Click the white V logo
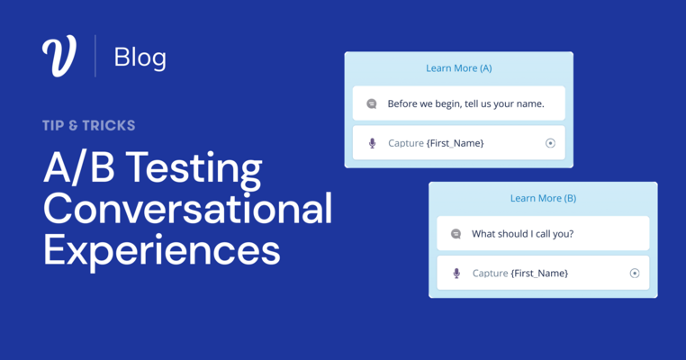(x=59, y=57)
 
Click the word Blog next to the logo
(x=140, y=58)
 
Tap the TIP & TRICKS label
(x=88, y=126)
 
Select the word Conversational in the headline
(x=187, y=209)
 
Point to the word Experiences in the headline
(x=161, y=249)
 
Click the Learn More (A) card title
(x=458, y=68)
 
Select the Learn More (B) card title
(x=543, y=199)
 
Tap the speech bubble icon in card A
(x=372, y=103)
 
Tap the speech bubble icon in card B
(x=456, y=234)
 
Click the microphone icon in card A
(x=372, y=143)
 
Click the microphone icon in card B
(x=456, y=274)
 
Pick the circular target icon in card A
(x=550, y=143)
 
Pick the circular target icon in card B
(x=635, y=274)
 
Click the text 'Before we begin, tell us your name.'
(x=465, y=103)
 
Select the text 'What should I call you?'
(x=522, y=234)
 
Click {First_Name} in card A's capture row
(x=455, y=143)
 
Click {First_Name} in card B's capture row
(x=539, y=274)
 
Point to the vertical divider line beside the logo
(x=95, y=57)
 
